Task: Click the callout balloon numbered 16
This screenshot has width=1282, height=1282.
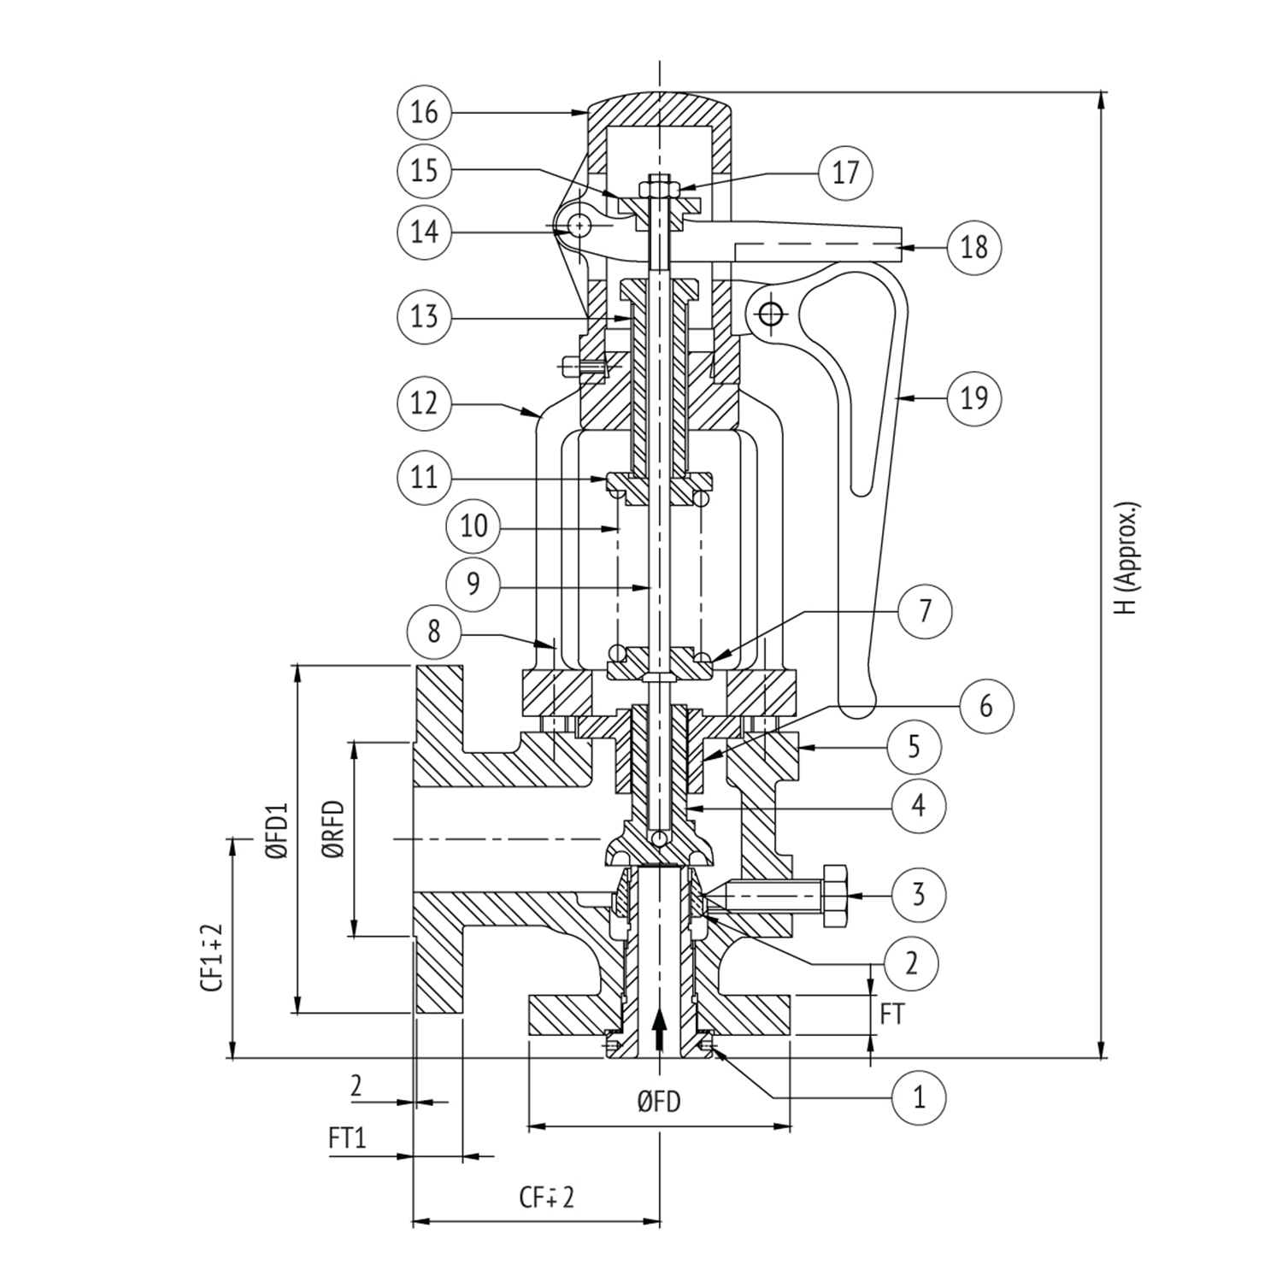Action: coord(425,112)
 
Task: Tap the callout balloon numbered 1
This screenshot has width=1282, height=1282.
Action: coord(920,1096)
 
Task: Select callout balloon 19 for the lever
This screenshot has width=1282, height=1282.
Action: coord(974,397)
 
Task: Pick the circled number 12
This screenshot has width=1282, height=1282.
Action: coord(425,403)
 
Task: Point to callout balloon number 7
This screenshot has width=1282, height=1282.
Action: coord(925,611)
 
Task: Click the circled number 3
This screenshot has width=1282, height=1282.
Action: coord(919,895)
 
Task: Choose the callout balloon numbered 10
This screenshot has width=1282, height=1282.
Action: coord(473,525)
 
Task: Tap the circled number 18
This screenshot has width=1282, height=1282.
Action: coord(974,247)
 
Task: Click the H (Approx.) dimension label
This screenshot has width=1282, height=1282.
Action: coord(1128,557)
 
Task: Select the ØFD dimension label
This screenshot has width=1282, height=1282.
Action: coord(659,1103)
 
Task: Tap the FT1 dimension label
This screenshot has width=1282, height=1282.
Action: coord(347,1138)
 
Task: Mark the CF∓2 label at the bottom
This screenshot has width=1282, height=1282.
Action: coord(547,1197)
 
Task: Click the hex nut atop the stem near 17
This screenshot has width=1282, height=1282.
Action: coord(661,185)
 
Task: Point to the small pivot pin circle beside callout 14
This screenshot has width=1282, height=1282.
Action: coord(580,226)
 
